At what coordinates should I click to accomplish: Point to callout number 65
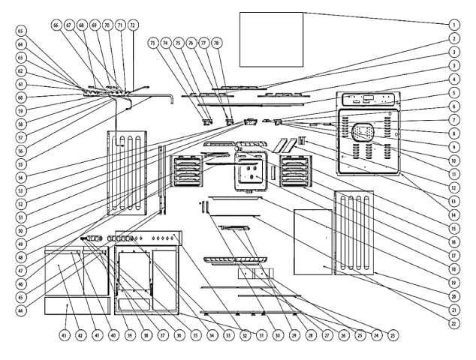click(21, 32)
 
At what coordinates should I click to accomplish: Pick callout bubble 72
click(132, 25)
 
